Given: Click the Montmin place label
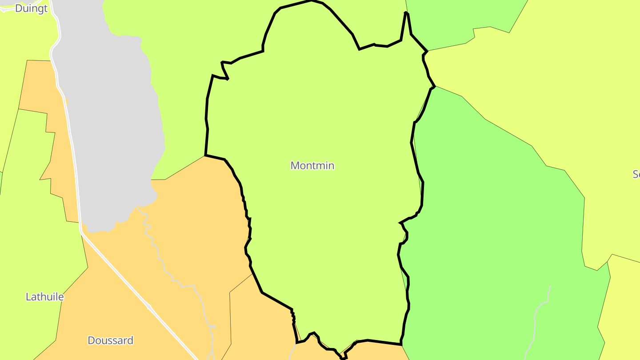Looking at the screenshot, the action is point(312,166).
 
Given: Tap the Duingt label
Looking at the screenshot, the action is point(31,8).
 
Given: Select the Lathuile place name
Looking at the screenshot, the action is point(44,297).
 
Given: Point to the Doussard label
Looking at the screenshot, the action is point(110,340).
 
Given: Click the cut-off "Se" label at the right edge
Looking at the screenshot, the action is point(636,174).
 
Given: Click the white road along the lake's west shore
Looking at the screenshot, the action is point(71,133).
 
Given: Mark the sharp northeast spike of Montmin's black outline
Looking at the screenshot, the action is point(406,13).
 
